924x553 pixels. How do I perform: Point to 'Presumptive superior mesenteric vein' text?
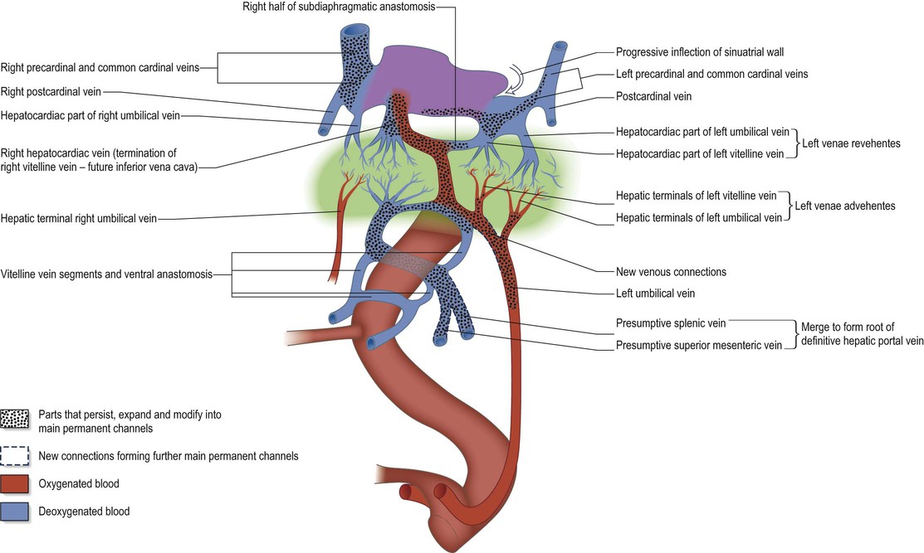pyautogui.click(x=699, y=345)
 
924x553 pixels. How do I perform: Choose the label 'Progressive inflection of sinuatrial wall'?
pyautogui.click(x=711, y=51)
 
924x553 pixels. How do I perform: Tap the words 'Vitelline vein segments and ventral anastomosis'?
pyautogui.click(x=115, y=274)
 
